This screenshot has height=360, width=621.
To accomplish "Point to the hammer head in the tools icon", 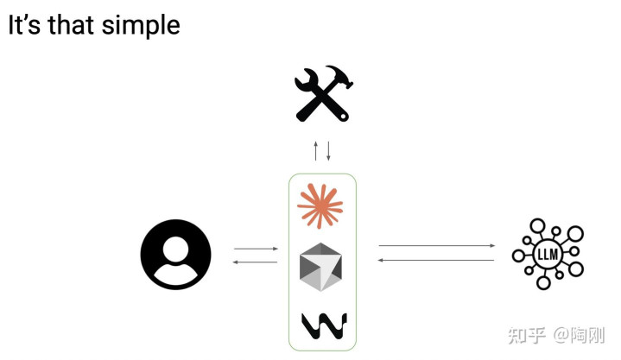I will (x=340, y=80).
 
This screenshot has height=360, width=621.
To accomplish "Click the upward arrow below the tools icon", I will (x=316, y=150).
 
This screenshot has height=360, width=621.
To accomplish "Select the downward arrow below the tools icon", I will (x=328, y=150).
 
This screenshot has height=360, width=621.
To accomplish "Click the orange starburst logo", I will (x=320, y=205).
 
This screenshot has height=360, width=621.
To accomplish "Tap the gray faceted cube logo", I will (x=320, y=267).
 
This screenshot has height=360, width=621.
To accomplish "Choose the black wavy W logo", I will (x=324, y=325).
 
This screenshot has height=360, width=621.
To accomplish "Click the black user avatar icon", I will (x=175, y=255).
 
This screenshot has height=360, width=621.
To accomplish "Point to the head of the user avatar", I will (x=175, y=244).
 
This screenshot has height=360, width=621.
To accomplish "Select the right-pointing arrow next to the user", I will (x=256, y=249).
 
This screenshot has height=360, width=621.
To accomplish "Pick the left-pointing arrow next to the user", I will (x=256, y=261).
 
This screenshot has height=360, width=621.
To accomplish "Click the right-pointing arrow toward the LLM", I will (x=437, y=246).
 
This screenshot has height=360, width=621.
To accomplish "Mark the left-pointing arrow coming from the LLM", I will (x=437, y=260).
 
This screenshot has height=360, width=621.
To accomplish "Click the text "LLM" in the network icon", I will (x=548, y=255).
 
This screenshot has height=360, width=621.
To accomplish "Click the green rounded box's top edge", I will (x=322, y=174).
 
